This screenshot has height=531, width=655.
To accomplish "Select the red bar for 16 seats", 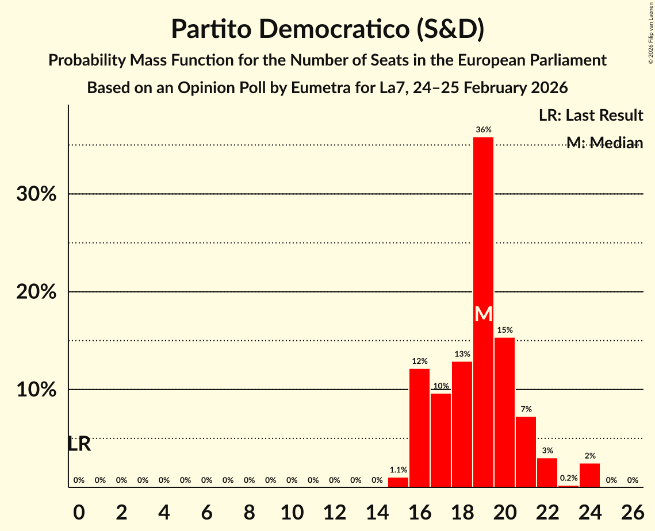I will [x=419, y=428].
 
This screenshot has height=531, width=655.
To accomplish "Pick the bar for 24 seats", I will [x=589, y=476].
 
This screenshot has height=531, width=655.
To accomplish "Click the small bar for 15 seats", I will [x=398, y=483].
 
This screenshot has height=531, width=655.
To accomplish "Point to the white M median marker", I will [x=484, y=314].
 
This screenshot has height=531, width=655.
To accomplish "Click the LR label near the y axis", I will [x=79, y=444].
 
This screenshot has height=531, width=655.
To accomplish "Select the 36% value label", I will [x=483, y=130].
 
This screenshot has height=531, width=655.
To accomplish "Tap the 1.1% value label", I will [x=398, y=470].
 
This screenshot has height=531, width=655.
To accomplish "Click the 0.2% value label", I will [x=568, y=478].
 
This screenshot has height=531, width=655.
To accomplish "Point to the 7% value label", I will [x=526, y=409].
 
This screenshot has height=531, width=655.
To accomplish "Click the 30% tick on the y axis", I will [x=36, y=194].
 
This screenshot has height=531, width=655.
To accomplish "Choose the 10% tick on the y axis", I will [x=36, y=390].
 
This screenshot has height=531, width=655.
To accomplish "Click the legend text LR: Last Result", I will [x=591, y=116].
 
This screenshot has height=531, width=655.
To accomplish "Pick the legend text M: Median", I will [x=604, y=143].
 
